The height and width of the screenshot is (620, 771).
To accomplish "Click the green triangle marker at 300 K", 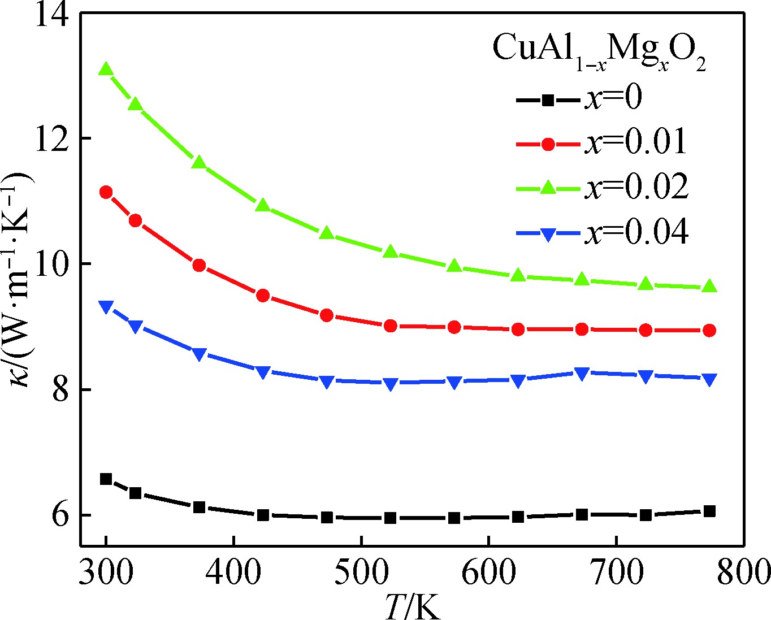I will point(106,70).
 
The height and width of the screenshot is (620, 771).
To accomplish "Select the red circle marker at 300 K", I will point(106,192).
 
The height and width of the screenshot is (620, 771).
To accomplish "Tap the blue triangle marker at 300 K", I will point(106,307).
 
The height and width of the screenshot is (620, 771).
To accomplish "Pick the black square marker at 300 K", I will point(106,479).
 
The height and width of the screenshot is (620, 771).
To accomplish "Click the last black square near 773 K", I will point(710,511).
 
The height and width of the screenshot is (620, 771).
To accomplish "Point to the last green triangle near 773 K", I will point(710,286).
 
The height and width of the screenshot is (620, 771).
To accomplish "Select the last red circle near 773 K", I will point(710,330).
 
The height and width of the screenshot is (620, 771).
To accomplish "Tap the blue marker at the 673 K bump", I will point(582,374).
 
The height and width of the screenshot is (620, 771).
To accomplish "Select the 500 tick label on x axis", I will point(361,573).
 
